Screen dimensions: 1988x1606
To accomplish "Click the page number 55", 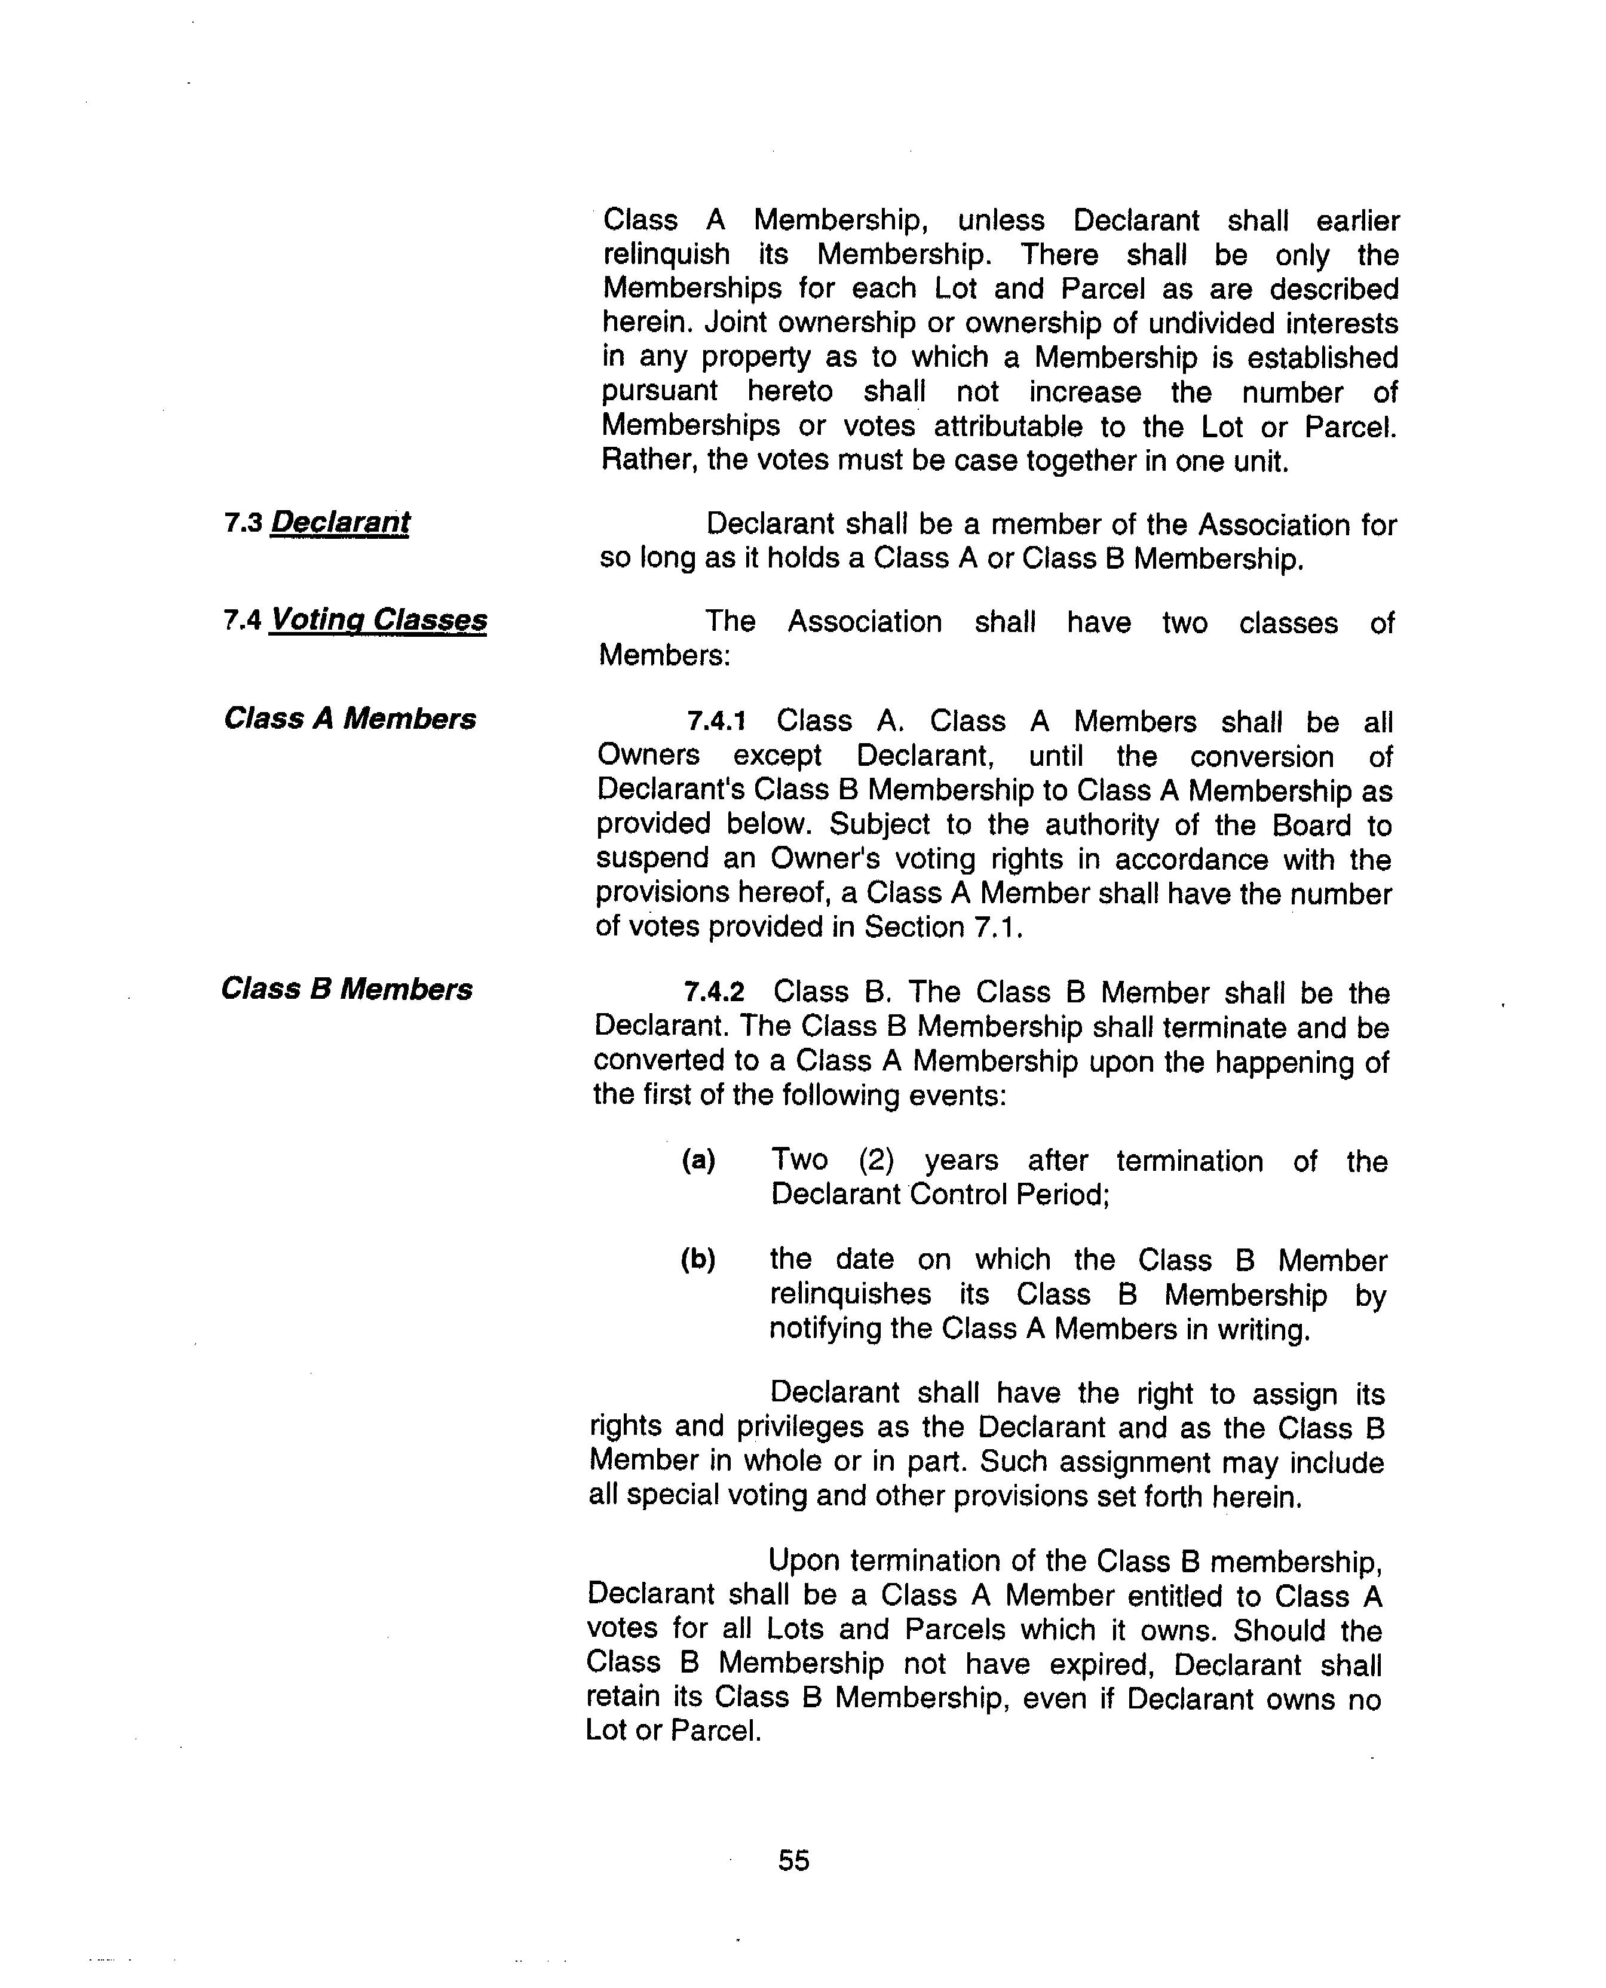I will (794, 1860).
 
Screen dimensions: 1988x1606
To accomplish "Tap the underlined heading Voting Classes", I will (378, 620).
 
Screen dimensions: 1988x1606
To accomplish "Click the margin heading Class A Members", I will (350, 719).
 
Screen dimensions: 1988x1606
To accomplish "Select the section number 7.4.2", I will (713, 993).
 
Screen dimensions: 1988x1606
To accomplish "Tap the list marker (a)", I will (698, 1160).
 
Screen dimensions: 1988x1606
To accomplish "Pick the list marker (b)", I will (697, 1259).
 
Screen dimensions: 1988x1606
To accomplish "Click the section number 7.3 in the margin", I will (243, 524).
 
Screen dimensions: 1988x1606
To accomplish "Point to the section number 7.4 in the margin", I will (243, 621).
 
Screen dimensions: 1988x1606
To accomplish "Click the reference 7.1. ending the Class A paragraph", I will (998, 927).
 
